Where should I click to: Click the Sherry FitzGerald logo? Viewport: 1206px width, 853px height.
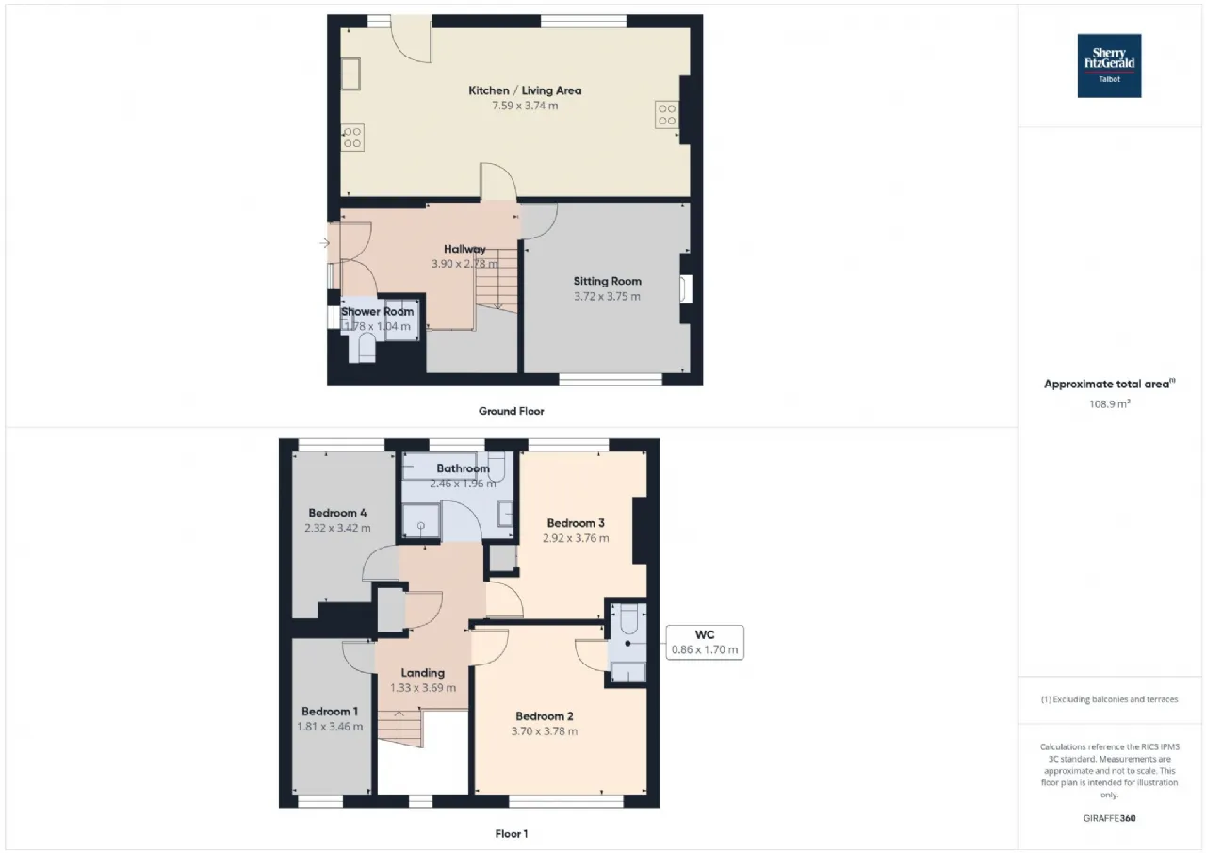point(1109,66)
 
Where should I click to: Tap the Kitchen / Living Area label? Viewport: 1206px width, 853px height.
point(525,90)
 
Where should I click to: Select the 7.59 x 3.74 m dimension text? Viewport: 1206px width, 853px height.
point(525,106)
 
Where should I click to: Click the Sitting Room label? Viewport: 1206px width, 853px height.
point(608,281)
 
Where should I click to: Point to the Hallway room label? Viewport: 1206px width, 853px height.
point(464,249)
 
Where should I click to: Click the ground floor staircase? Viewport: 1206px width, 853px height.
point(497,280)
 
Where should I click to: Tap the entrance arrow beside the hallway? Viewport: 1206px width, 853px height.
point(324,243)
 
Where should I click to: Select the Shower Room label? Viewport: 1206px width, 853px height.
point(378,312)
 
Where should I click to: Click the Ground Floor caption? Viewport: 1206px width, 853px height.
point(512,412)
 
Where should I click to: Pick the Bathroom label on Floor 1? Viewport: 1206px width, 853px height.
point(463,468)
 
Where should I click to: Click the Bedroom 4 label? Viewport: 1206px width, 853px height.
point(337,513)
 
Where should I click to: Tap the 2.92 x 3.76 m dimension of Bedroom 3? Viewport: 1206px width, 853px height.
point(576,538)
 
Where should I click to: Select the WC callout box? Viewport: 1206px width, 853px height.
point(705,643)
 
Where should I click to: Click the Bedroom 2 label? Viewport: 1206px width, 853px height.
point(545,716)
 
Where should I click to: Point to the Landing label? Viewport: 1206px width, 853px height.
point(423,673)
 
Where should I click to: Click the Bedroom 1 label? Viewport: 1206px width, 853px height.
point(330,712)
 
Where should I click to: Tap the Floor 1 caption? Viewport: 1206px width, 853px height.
point(512,834)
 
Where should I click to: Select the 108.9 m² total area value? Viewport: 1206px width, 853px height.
point(1110,404)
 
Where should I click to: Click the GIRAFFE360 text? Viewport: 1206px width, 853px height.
point(1110,818)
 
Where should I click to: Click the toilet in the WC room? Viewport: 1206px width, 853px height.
point(628,618)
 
